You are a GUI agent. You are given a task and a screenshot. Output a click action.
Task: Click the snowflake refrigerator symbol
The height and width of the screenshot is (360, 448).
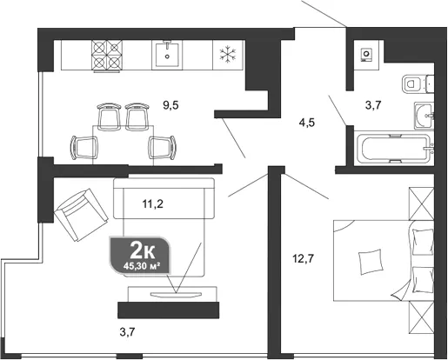pos(229,55)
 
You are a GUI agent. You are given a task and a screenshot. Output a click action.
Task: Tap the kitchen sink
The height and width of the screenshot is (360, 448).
pos(167,55)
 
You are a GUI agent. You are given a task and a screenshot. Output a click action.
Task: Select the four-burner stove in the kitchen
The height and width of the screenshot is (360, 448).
pos(107,55)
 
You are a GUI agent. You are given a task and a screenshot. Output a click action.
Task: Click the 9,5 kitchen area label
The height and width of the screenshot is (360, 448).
pos(171,105)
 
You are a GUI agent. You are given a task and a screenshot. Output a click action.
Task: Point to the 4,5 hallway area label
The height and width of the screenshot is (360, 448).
pos(307,123)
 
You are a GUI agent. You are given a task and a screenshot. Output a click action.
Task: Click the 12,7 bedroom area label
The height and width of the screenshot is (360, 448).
pos(303,257)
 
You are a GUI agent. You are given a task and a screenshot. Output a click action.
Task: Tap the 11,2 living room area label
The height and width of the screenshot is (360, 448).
pos(152,204)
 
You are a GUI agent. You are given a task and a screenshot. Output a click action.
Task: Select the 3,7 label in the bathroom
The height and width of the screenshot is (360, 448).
pos(373,105)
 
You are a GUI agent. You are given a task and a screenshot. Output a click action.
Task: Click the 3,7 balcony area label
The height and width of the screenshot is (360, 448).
pos(127,332)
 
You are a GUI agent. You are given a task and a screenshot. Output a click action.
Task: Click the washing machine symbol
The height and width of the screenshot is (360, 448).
pos(366,55)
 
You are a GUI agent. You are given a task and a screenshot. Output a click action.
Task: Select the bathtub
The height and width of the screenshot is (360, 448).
pos(394,148)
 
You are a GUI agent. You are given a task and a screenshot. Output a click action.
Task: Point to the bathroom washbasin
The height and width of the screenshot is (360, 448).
pos(425,116)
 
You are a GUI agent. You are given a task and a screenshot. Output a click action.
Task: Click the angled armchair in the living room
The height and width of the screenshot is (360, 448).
pos(82,215)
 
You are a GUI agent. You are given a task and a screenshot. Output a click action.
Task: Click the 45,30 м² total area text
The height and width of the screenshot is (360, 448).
pos(142,266)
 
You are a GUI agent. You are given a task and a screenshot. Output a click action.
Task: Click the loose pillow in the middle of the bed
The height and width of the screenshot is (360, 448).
pos(371,262)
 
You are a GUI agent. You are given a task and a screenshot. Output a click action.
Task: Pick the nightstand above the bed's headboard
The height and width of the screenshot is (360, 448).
pos(421,203)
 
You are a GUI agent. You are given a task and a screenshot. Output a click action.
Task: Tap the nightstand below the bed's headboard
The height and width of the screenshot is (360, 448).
pos(421,317)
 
